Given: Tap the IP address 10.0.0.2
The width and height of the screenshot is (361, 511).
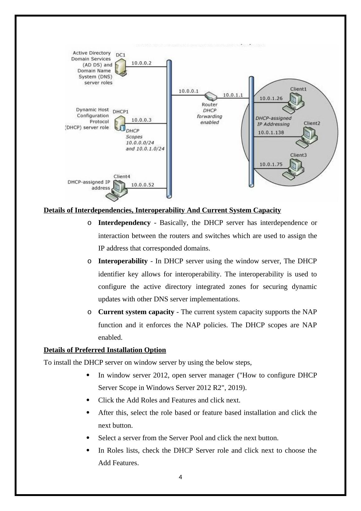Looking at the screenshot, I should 141,63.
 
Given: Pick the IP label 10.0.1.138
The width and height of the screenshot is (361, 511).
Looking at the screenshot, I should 271,132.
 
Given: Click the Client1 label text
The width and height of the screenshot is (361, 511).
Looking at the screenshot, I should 298,89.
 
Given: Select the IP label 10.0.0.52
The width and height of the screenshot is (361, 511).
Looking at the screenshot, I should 142,185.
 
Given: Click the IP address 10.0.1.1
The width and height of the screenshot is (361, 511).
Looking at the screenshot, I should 233,95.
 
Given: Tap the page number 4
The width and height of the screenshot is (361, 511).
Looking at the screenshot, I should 180,477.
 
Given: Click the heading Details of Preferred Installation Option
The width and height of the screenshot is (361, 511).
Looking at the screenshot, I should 105,350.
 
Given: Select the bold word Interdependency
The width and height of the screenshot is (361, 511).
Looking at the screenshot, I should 124,223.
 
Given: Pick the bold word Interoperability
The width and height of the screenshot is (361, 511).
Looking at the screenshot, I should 123,261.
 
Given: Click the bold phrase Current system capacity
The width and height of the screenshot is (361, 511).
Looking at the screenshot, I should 136,312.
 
